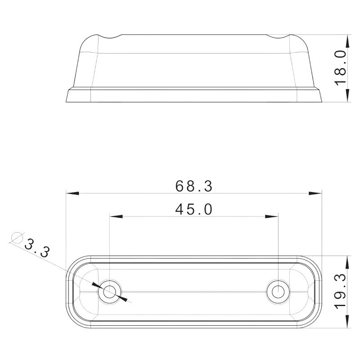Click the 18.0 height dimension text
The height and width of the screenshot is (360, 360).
coord(341,67)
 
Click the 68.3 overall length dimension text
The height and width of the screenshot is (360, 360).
coord(194,186)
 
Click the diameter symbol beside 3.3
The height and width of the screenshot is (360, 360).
coord(17,237)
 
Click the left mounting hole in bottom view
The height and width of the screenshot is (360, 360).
coord(109,292)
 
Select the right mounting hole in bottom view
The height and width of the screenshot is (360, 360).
coord(278,292)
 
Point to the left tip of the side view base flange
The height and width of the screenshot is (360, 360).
coord(66,101)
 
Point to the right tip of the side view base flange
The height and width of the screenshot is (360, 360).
coord(322,101)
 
